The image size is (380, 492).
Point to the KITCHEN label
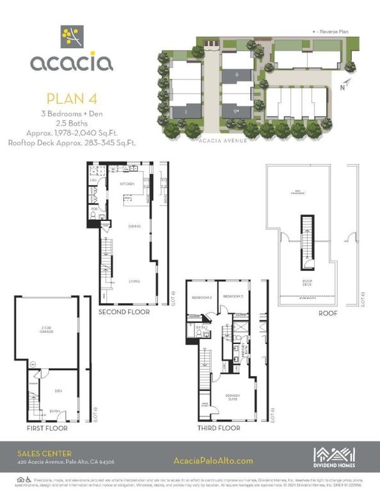coord(127,184)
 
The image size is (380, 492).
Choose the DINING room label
coord(134,226)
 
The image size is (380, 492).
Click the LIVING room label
coord(134,281)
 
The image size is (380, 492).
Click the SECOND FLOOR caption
coord(123,312)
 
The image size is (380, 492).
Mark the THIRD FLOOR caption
coord(219,427)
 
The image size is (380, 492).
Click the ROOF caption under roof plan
coord(310,314)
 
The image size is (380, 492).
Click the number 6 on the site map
coord(237,75)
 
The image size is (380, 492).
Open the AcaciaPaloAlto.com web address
coord(213,460)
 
